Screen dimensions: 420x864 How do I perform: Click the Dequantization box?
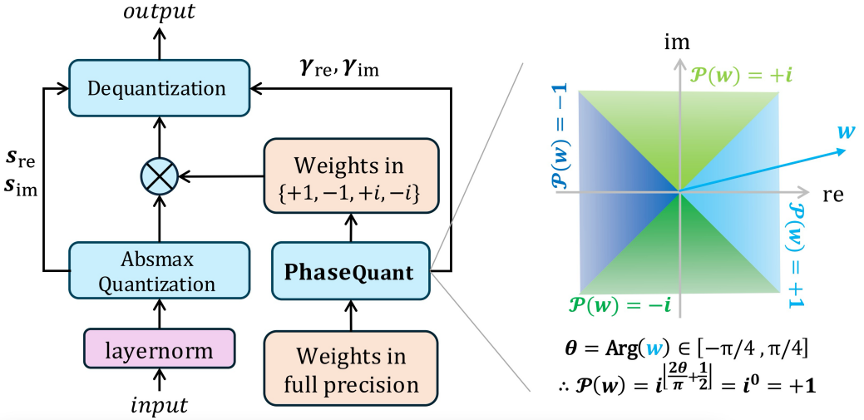point(159,87)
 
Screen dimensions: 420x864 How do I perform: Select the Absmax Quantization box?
point(159,271)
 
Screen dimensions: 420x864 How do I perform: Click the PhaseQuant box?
point(350,271)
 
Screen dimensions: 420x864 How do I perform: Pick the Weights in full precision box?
point(350,371)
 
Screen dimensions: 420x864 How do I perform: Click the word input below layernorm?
point(159,405)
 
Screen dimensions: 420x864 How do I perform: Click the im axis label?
point(679,40)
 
